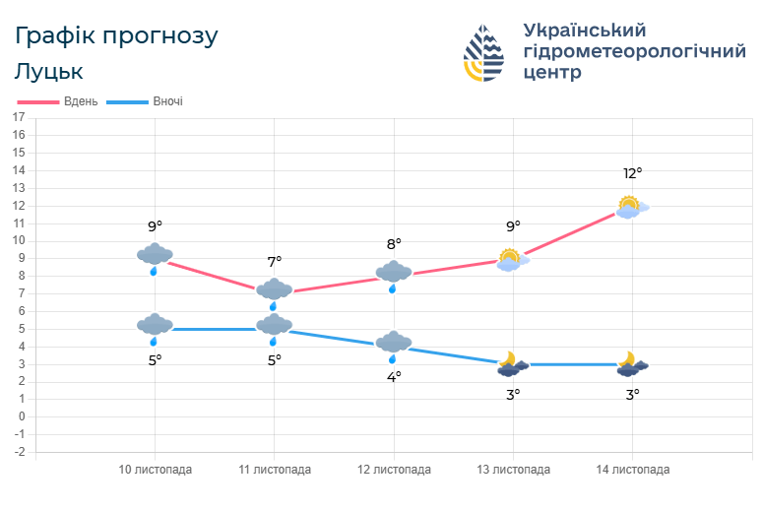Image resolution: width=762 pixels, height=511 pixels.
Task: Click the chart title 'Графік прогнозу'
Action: pyautogui.click(x=117, y=36)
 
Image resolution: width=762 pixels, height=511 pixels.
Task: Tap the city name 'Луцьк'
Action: pyautogui.click(x=49, y=72)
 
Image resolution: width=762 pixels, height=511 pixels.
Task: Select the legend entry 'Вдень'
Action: pyautogui.click(x=80, y=101)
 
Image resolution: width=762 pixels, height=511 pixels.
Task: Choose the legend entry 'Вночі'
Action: pyautogui.click(x=167, y=101)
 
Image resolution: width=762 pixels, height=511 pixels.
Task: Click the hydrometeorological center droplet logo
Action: pyautogui.click(x=483, y=52)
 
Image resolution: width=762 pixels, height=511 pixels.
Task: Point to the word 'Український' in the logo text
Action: pyautogui.click(x=584, y=31)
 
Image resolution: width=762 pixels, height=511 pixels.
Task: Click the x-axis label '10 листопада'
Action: pyautogui.click(x=156, y=470)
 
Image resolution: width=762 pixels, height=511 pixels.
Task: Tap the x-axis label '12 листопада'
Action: pyautogui.click(x=394, y=470)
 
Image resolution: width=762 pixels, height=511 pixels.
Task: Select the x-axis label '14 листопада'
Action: pyautogui.click(x=632, y=470)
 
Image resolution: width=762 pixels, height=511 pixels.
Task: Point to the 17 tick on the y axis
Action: pyautogui.click(x=19, y=117)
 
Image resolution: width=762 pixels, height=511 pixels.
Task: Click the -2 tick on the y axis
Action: pyautogui.click(x=19, y=452)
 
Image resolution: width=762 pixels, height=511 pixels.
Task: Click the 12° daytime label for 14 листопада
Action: pyautogui.click(x=632, y=173)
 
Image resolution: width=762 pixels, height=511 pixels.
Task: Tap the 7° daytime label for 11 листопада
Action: pyautogui.click(x=275, y=261)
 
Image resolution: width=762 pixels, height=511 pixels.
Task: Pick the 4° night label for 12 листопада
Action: pyautogui.click(x=394, y=376)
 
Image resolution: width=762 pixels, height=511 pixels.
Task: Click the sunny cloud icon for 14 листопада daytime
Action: pyautogui.click(x=630, y=207)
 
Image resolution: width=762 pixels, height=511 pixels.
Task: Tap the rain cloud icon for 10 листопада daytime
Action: pyautogui.click(x=155, y=256)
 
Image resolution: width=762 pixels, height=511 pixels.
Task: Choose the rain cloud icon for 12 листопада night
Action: pyautogui.click(x=394, y=344)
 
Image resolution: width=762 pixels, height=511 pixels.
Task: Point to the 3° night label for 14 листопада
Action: pyautogui.click(x=632, y=394)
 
